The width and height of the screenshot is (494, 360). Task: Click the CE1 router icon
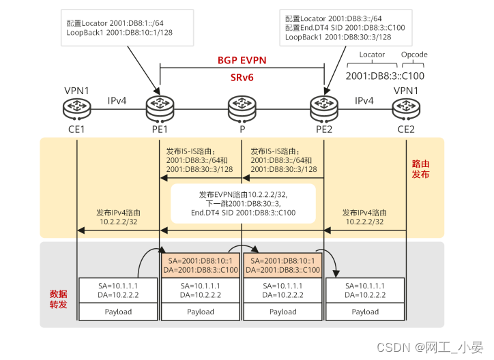[x=76, y=108]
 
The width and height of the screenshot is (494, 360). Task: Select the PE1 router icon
[x=160, y=108]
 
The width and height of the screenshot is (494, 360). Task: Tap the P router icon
[x=242, y=108]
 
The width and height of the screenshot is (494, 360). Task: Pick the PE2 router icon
[x=323, y=108]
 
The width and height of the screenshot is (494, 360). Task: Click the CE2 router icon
[x=406, y=108]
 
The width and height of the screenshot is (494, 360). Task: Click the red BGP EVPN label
[x=242, y=60]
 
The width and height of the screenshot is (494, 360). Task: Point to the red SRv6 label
[x=242, y=78]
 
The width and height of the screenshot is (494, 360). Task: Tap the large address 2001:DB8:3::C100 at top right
[x=385, y=76]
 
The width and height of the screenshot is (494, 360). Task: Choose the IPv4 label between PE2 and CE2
[x=364, y=101]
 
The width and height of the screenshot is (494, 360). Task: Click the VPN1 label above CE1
[x=76, y=90]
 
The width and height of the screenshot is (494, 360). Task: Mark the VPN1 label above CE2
[x=406, y=90]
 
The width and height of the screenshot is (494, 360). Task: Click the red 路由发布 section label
[x=420, y=169]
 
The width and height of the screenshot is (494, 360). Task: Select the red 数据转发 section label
[x=59, y=299]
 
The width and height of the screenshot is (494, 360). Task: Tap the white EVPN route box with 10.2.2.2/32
[x=243, y=203]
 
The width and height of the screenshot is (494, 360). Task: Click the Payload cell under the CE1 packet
[x=118, y=312]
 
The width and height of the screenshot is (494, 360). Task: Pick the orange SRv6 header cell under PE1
[x=201, y=265]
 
